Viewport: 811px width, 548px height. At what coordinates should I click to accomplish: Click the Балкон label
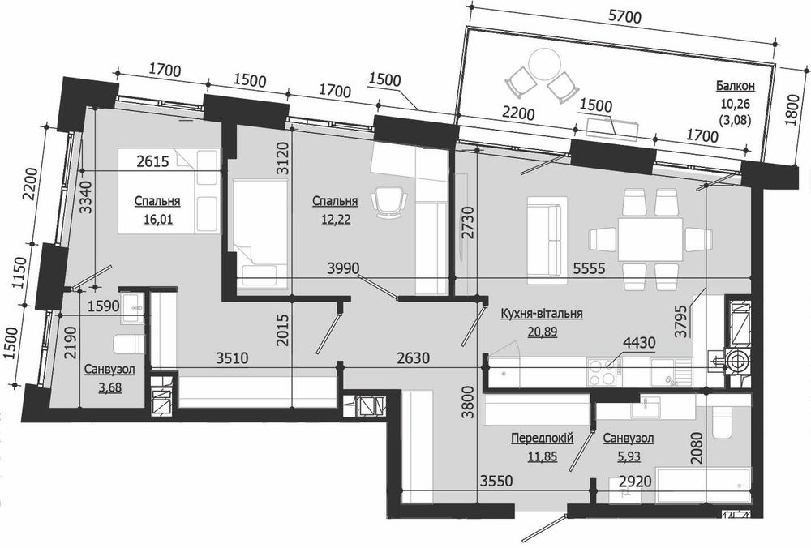[736, 85]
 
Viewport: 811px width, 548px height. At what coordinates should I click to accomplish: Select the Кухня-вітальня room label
[542, 314]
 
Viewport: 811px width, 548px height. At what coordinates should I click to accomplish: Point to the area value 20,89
[542, 332]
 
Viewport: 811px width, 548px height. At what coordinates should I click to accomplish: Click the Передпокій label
[542, 439]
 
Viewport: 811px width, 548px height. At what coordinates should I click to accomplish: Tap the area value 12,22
[336, 220]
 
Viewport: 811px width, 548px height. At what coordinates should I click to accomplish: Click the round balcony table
[545, 64]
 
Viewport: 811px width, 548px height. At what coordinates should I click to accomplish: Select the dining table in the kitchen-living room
[650, 239]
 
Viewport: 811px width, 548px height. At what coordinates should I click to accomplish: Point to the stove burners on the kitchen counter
[602, 372]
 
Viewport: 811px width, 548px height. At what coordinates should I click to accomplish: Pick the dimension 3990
[343, 268]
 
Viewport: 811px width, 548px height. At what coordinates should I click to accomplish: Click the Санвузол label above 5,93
[628, 439]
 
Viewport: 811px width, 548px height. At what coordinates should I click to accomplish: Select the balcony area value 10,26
[735, 104]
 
